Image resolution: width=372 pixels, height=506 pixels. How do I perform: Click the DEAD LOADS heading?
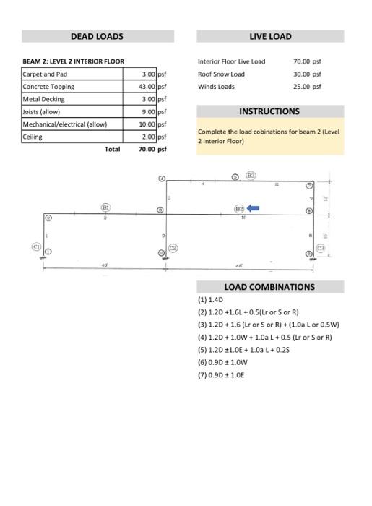tap(97, 36)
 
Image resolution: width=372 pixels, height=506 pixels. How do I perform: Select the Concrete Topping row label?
tap(48, 87)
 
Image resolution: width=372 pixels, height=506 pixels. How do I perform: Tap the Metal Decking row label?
tap(43, 99)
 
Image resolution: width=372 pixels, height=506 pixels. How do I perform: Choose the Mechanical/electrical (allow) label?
tap(65, 124)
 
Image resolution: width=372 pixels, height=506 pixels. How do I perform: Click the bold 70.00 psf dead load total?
tap(152, 150)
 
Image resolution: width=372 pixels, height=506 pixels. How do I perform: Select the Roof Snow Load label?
tap(221, 74)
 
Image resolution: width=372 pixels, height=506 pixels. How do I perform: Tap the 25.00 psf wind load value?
tap(307, 87)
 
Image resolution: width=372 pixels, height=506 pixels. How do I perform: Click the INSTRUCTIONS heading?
tap(269, 111)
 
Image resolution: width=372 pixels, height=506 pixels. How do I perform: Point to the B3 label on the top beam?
tap(251, 176)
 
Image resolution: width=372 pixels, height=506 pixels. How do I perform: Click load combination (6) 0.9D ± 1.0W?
tap(223, 362)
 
